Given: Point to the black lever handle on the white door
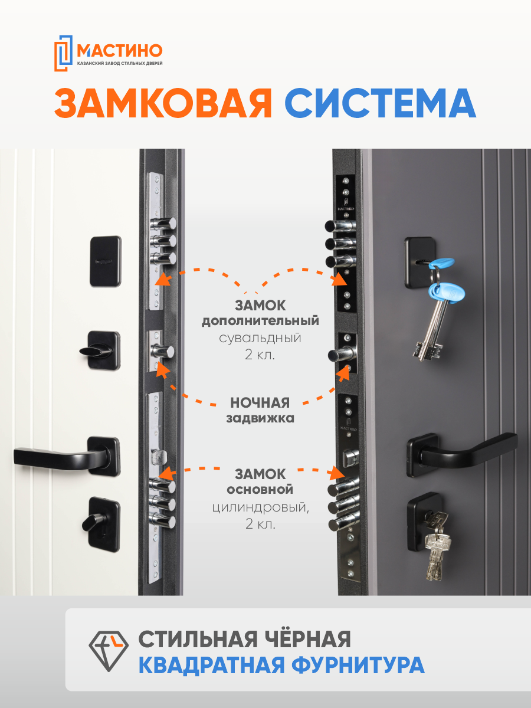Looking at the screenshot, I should tap(59, 456).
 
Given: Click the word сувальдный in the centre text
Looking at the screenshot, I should tap(260, 339).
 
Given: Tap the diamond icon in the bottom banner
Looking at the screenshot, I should tap(108, 650).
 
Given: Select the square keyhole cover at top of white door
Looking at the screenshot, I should tap(106, 261).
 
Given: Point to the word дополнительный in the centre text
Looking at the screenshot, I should tap(260, 322).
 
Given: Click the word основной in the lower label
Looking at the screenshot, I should tap(260, 490).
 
